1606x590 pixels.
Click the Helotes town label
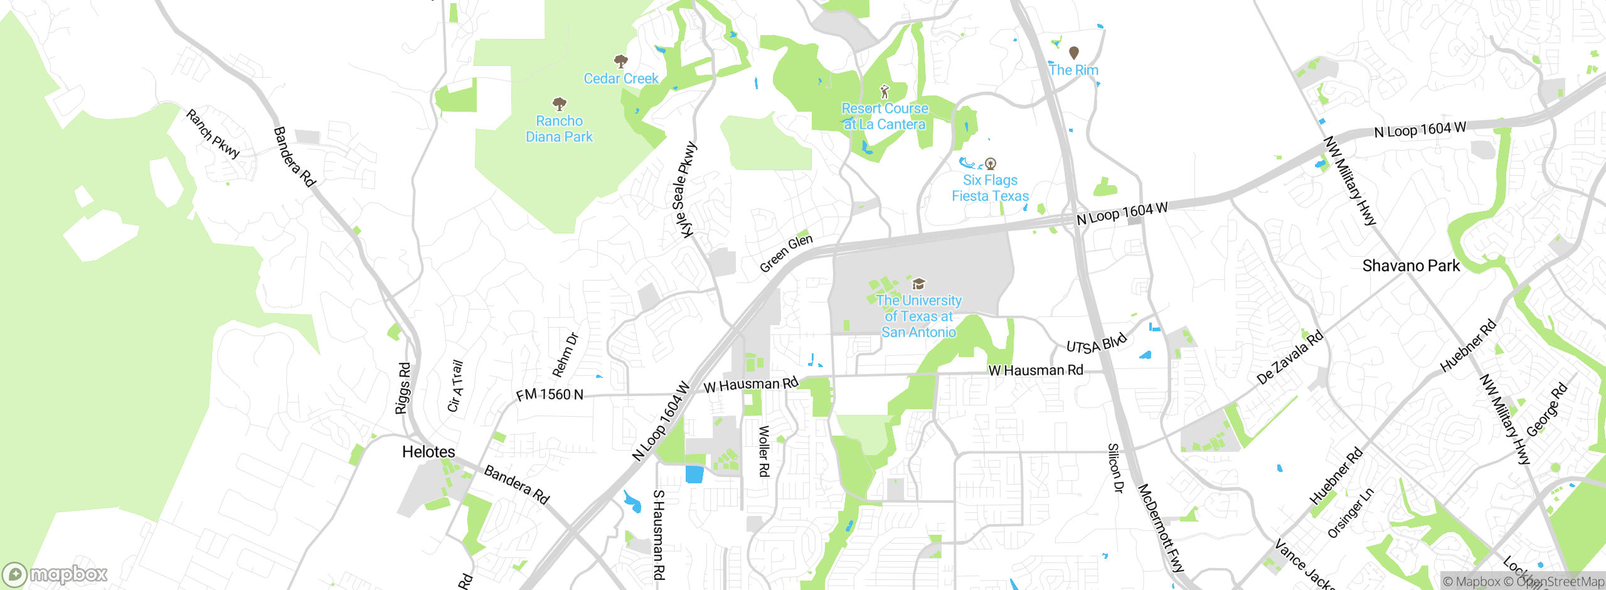[x=428, y=452]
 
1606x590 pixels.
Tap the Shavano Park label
[x=1411, y=265]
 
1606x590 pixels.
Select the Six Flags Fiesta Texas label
[x=990, y=188]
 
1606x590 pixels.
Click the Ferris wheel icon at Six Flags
[x=991, y=164]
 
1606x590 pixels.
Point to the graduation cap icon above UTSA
[x=918, y=284]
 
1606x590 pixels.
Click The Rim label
[x=1073, y=70]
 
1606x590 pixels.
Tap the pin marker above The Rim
[x=1074, y=53]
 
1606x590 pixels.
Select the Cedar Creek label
[x=621, y=78]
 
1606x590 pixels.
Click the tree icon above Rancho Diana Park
[x=560, y=104]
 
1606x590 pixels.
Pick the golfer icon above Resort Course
[x=885, y=92]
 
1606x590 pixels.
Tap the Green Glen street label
[x=786, y=253]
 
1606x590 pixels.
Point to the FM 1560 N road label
[x=550, y=395]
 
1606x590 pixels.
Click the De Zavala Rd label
[x=1290, y=357]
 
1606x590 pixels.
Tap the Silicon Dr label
[x=1114, y=468]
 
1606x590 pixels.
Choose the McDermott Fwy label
[x=1160, y=527]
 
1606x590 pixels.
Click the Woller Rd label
[x=763, y=451]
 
